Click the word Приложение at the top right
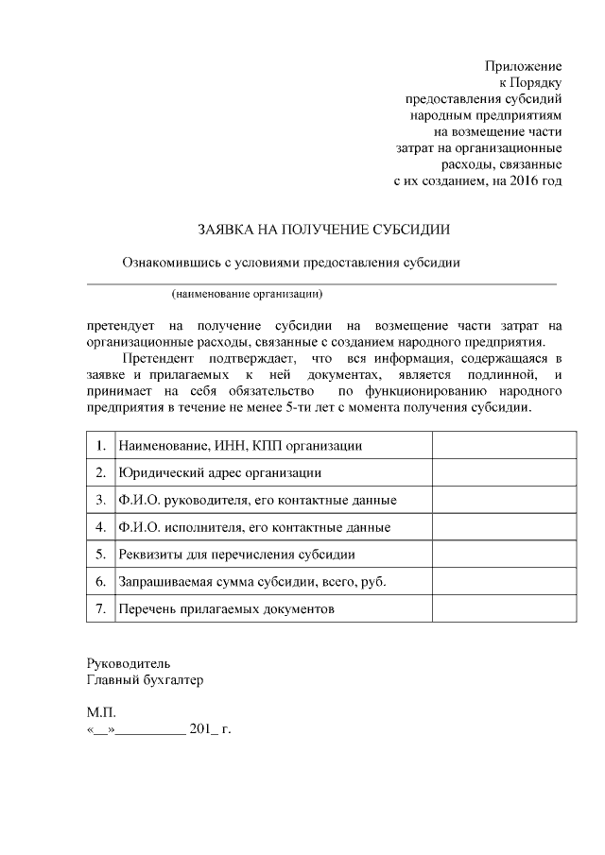point(523,66)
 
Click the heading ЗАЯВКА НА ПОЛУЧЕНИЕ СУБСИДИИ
point(323,230)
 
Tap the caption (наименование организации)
point(247,294)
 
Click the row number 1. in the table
point(100,445)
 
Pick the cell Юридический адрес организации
point(217,472)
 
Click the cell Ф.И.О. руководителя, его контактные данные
point(256,500)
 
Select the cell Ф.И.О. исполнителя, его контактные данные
point(253,527)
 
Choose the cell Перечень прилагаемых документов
point(226,609)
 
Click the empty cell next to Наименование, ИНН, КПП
point(504,445)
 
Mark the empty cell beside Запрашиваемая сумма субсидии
point(504,582)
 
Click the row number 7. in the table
point(100,609)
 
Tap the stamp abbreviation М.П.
point(101,713)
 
